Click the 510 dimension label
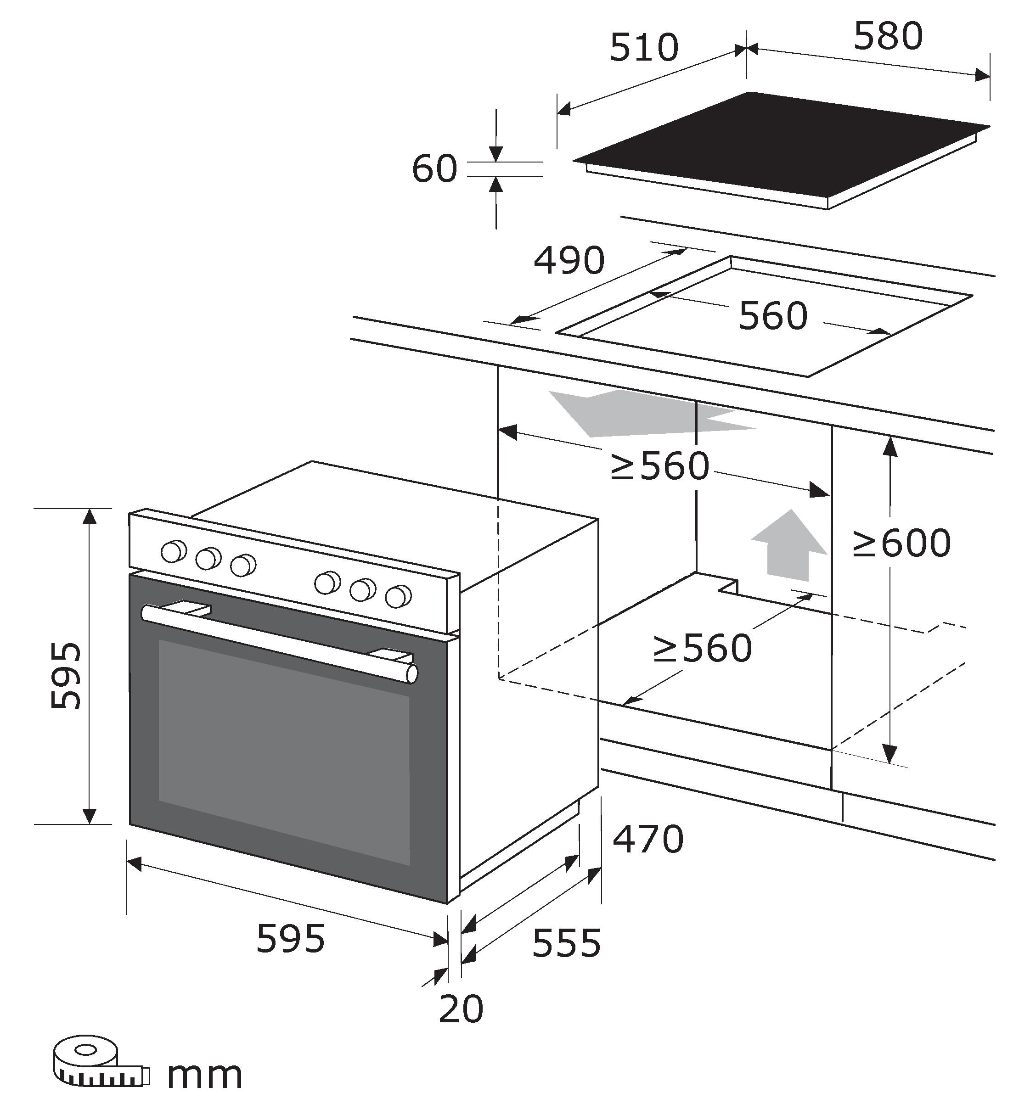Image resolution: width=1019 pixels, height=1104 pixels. (643, 48)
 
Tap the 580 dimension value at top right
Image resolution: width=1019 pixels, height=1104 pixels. (888, 36)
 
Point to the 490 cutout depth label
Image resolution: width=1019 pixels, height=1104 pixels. (569, 261)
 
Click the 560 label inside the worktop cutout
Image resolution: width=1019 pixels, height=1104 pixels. (772, 316)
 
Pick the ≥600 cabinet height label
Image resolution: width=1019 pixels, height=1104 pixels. (902, 544)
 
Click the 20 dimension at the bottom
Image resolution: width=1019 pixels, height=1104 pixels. (461, 1009)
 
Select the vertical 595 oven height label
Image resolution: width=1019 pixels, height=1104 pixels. (66, 675)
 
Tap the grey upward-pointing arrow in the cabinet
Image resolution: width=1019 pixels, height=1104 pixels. (789, 546)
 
